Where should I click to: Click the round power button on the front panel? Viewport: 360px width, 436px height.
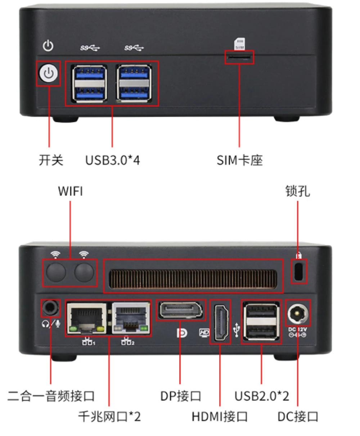pyautogui.click(x=49, y=74)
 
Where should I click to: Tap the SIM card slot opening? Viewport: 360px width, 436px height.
pyautogui.click(x=239, y=58)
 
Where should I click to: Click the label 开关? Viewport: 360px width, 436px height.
pyautogui.click(x=51, y=160)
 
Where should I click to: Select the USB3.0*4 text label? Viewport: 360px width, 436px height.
pyautogui.click(x=112, y=160)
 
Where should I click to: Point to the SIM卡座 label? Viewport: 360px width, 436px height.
pyautogui.click(x=239, y=160)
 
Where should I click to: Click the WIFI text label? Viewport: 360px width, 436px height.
pyautogui.click(x=70, y=191)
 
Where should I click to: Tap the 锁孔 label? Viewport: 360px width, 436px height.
pyautogui.click(x=297, y=191)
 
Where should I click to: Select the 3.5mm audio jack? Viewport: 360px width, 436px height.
pyautogui.click(x=50, y=308)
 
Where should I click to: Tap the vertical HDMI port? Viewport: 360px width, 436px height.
pyautogui.click(x=220, y=322)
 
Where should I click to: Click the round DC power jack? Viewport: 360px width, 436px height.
pyautogui.click(x=297, y=313)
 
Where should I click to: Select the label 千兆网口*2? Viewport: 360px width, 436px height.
pyautogui.click(x=109, y=417)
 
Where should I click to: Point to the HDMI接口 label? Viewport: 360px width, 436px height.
pyautogui.click(x=220, y=417)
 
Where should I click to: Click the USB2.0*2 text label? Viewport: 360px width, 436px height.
pyautogui.click(x=262, y=396)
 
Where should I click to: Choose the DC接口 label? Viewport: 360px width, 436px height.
pyautogui.click(x=298, y=417)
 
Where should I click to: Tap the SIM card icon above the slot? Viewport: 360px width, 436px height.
pyautogui.click(x=239, y=44)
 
